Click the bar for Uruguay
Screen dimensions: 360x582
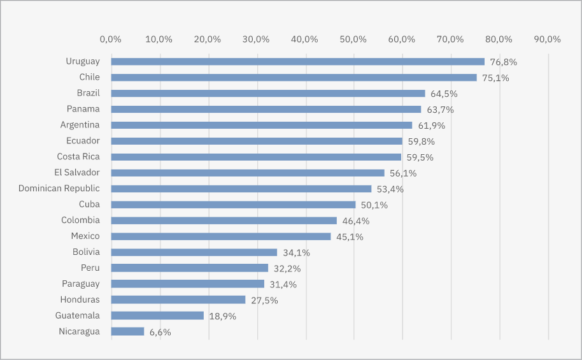click(x=297, y=62)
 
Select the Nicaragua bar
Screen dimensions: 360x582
click(x=127, y=331)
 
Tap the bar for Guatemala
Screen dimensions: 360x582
click(x=157, y=315)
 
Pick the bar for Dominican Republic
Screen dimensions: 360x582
click(x=241, y=189)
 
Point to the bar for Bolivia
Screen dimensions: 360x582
click(x=194, y=252)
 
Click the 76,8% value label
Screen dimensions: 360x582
click(x=503, y=62)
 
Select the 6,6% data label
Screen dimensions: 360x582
click(x=160, y=332)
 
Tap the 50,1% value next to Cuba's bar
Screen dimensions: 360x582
click(x=374, y=205)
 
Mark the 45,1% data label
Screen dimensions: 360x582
click(x=350, y=237)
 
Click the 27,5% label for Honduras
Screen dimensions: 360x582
click(x=264, y=300)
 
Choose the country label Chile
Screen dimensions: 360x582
click(x=89, y=77)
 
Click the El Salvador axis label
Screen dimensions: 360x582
click(x=77, y=172)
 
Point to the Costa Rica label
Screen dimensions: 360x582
click(x=78, y=156)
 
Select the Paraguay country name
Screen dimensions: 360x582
click(x=81, y=284)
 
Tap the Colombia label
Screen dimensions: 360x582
click(x=80, y=220)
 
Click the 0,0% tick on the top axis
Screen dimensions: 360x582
click(x=111, y=39)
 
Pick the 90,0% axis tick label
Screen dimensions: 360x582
click(x=547, y=39)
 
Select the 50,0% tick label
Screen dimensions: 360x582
click(x=353, y=39)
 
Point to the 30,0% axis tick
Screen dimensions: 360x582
click(x=256, y=39)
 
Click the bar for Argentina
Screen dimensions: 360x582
click(x=261, y=125)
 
